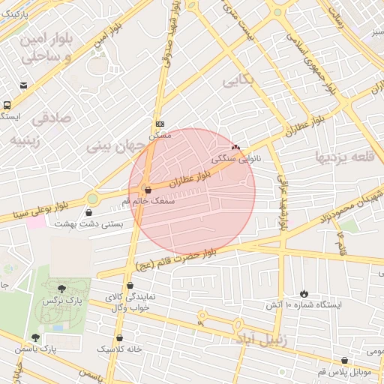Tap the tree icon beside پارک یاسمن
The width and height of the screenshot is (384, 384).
coord(34,337)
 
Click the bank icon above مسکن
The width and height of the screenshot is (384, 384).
coord(160,124)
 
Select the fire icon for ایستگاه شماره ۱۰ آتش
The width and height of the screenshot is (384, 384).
coord(304,293)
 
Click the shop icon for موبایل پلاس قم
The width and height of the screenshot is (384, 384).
coord(344,360)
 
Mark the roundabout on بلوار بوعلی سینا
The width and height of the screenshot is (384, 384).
coord(92,199)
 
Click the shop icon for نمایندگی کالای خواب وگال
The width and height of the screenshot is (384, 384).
coord(131,285)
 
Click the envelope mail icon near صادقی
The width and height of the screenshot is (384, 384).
coord(25,85)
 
